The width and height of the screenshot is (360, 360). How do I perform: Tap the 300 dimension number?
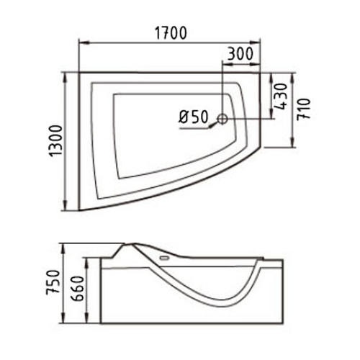click(240, 54)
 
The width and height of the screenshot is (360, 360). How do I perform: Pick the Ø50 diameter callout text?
click(192, 116)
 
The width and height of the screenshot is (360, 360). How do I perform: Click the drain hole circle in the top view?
click(223, 117)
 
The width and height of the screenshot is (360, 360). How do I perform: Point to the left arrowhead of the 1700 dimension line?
click(81, 44)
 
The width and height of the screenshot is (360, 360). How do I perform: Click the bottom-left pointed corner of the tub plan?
click(79, 210)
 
